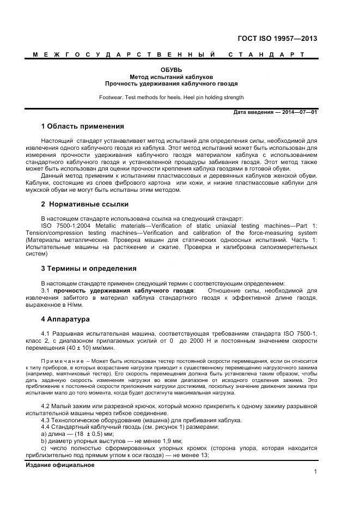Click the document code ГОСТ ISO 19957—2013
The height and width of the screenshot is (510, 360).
278,39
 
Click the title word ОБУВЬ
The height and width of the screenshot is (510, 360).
171,70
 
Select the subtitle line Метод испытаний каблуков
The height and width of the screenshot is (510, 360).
171,77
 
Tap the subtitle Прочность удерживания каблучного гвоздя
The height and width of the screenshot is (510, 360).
171,84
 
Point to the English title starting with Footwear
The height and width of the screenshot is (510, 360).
171,98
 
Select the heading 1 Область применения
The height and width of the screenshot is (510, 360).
83,126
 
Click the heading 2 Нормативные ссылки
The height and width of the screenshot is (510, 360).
85,204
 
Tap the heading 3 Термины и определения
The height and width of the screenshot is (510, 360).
89,269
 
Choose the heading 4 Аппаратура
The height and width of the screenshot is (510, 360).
65,319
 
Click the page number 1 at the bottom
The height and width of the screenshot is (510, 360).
315,472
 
